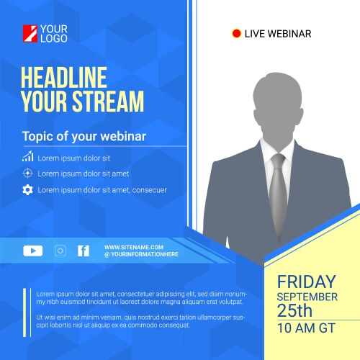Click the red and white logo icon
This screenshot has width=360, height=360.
coord(30,33)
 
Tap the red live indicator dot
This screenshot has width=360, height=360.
coord(236,33)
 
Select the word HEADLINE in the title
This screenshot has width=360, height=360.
coord(63,78)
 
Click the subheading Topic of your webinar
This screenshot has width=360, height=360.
coord(84,136)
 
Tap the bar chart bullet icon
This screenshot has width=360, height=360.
coord(27,156)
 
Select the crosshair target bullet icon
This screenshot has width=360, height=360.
coord(27,173)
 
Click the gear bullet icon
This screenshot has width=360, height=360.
coord(27,190)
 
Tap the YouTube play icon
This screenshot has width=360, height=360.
coord(33,251)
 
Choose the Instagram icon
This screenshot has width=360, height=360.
coord(60,251)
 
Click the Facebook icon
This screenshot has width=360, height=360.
coord(84,251)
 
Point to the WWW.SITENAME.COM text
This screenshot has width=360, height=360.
coord(134,247)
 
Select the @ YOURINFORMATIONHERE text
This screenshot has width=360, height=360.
coord(140,255)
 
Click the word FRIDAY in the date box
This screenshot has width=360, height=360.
coord(306,282)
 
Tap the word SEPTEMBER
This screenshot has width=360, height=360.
coord(307,297)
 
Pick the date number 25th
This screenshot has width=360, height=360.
coord(295,311)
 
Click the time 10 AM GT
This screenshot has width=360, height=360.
coord(306,328)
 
